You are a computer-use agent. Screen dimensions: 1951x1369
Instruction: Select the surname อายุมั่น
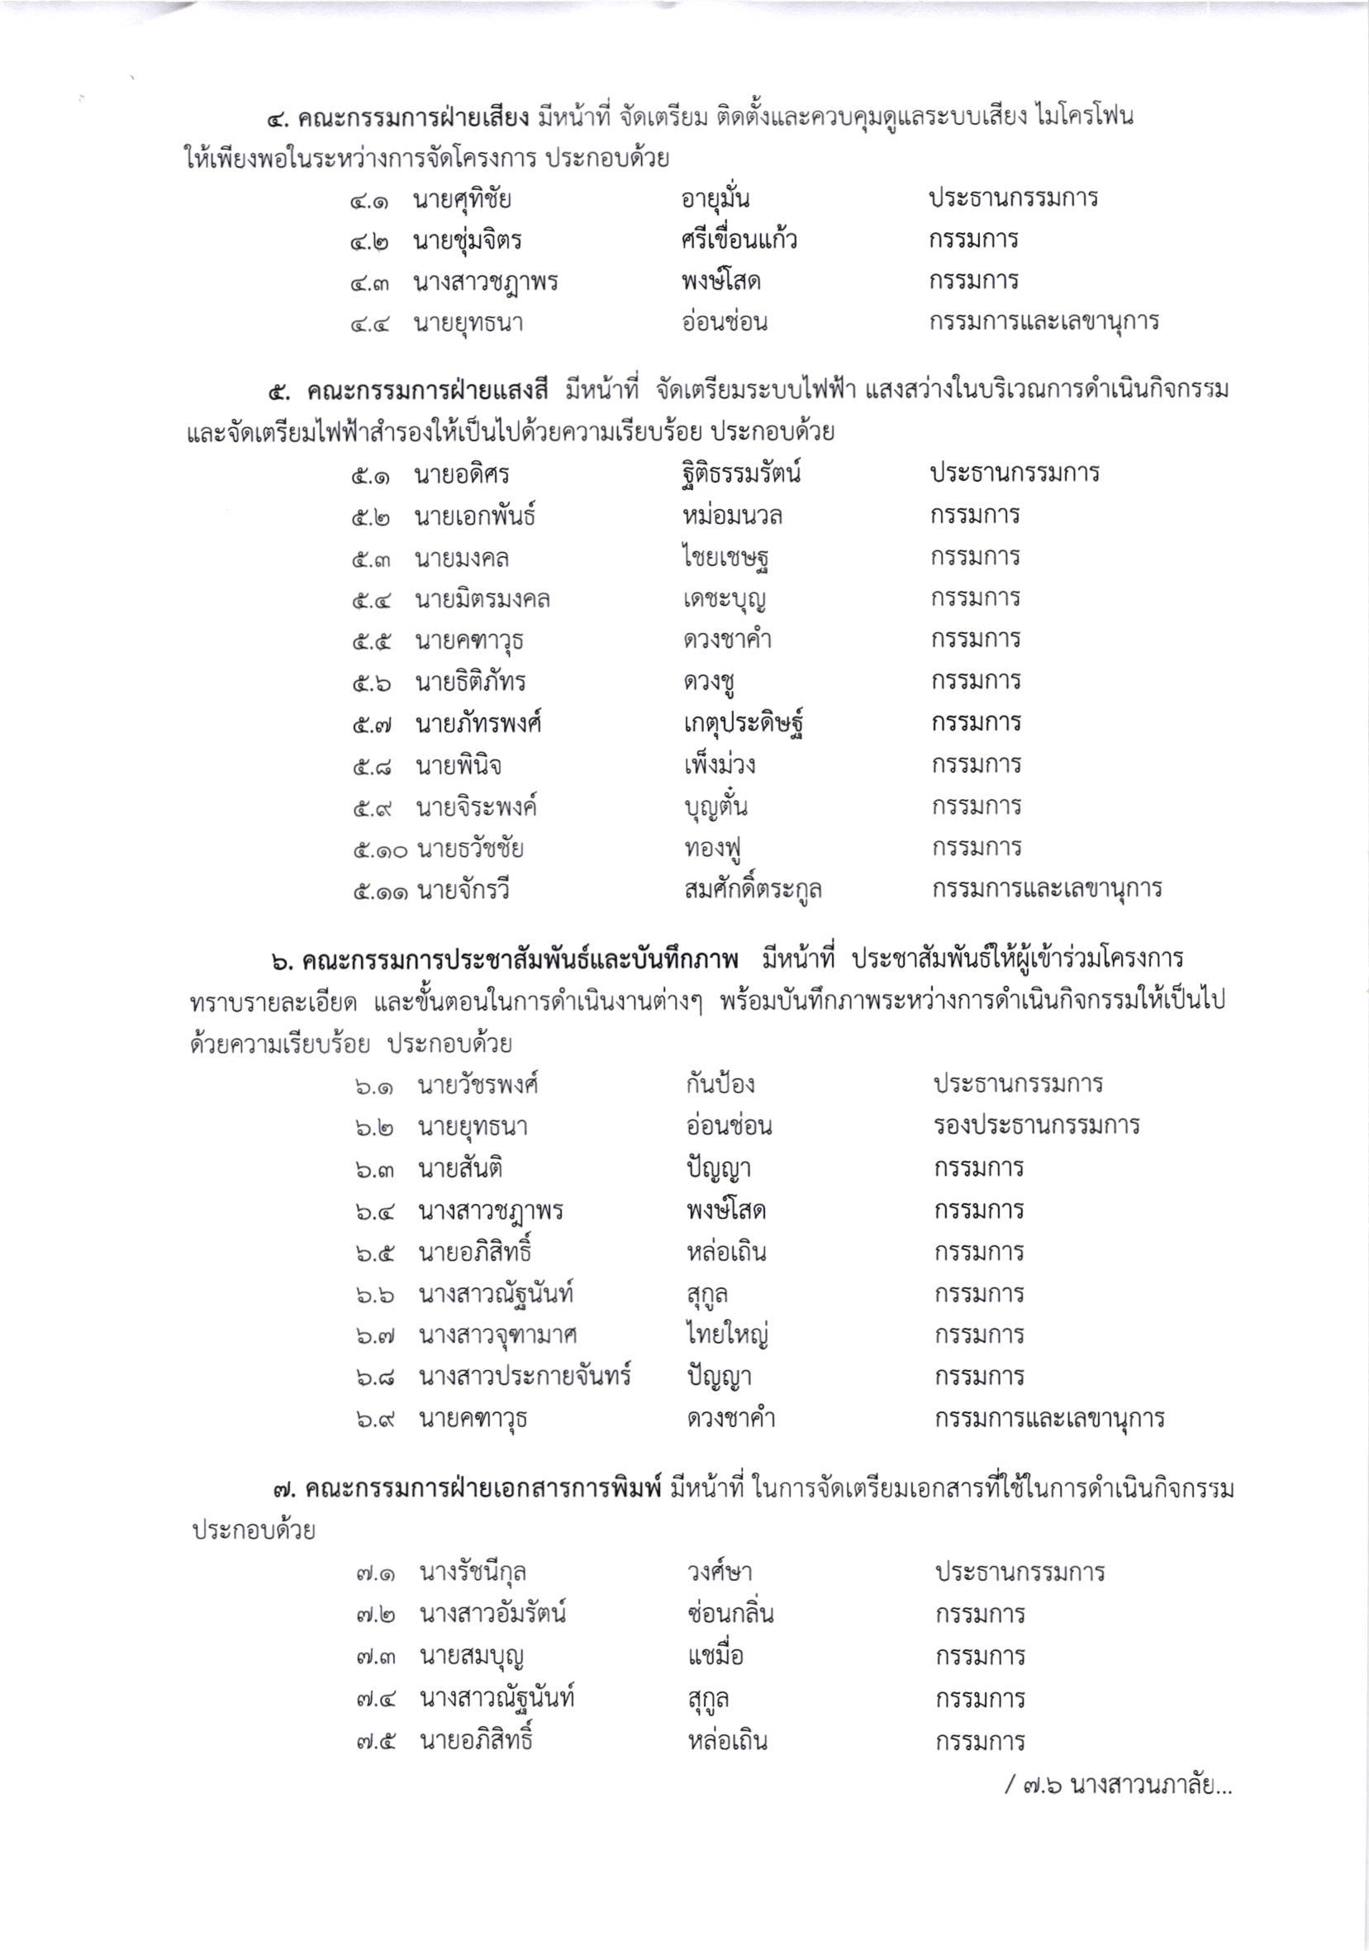pos(715,200)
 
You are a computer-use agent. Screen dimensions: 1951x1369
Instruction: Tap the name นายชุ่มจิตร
pos(467,241)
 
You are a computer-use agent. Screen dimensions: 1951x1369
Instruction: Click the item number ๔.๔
pos(368,325)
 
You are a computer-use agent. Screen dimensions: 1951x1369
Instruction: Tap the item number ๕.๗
pos(370,726)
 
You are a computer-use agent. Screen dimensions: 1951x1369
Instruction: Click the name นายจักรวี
pos(463,892)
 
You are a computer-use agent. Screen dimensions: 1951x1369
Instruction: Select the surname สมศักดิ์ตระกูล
pos(752,891)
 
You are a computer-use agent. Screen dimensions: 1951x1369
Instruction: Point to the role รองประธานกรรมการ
pos(1036,1126)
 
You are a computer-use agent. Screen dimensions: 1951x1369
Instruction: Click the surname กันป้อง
pos(720,1085)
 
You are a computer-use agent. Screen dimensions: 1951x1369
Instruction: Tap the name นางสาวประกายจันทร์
pos(525,1377)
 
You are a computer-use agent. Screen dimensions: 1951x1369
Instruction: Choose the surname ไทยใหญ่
pos(727,1335)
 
